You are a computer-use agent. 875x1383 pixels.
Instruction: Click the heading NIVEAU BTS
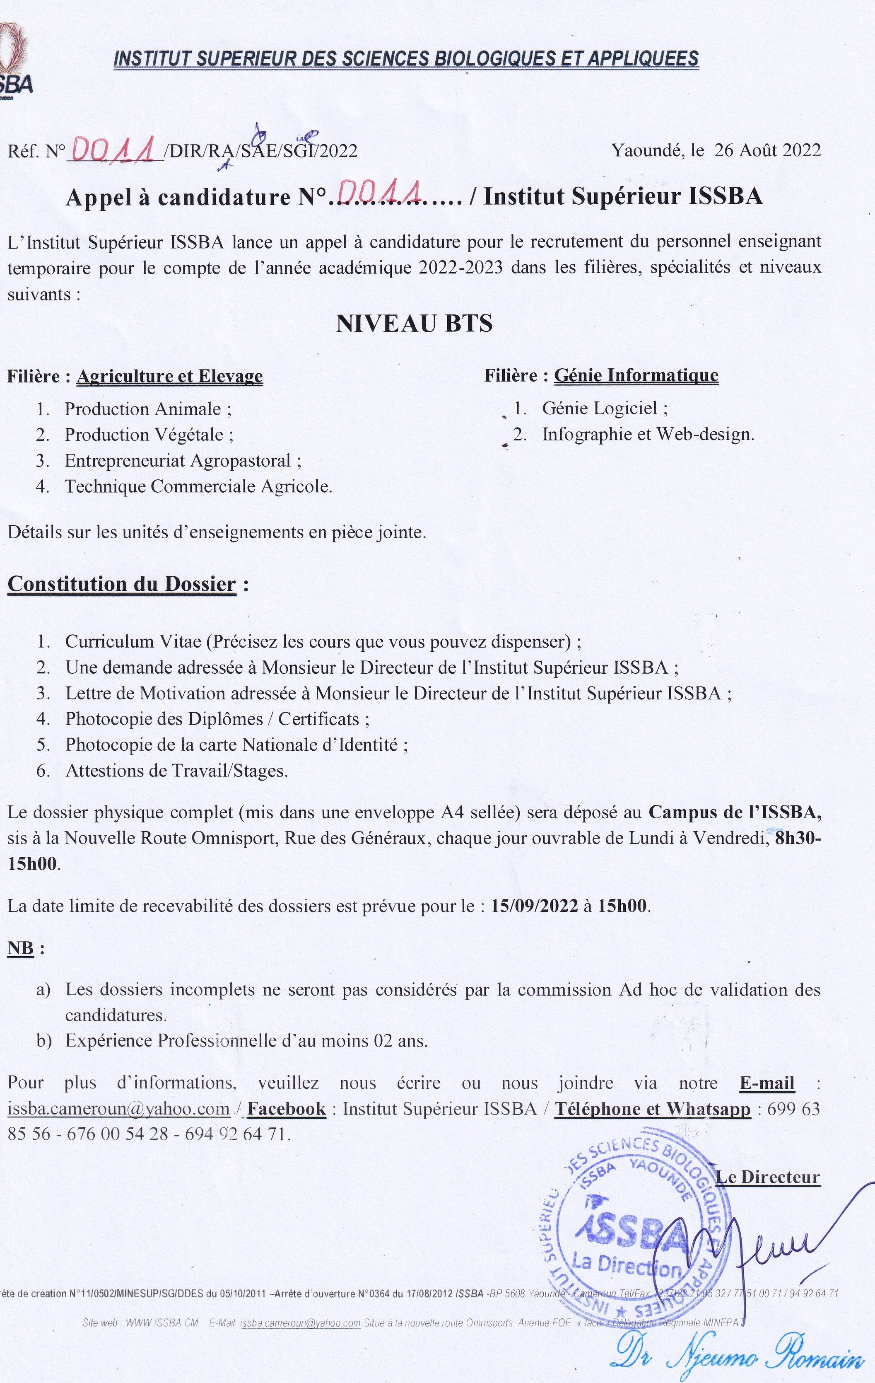pos(414,324)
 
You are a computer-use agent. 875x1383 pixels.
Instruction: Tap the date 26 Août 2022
pos(767,150)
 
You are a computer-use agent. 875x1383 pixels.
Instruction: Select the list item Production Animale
pos(147,409)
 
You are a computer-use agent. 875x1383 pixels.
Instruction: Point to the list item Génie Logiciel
pos(605,409)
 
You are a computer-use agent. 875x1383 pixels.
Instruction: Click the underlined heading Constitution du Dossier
pos(122,584)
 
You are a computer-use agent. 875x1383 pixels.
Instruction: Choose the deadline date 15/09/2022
pos(535,906)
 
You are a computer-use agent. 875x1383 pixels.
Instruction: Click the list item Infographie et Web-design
pos(648,434)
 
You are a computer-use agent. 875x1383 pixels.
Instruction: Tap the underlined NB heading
pos(21,948)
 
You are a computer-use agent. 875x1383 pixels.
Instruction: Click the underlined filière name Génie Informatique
pos(636,376)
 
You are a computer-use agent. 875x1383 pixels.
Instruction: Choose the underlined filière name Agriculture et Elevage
pos(169,377)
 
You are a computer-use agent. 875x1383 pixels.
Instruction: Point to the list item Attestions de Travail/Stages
pos(176,771)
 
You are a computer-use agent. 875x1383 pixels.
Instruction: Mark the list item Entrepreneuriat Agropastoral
pos(183,461)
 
